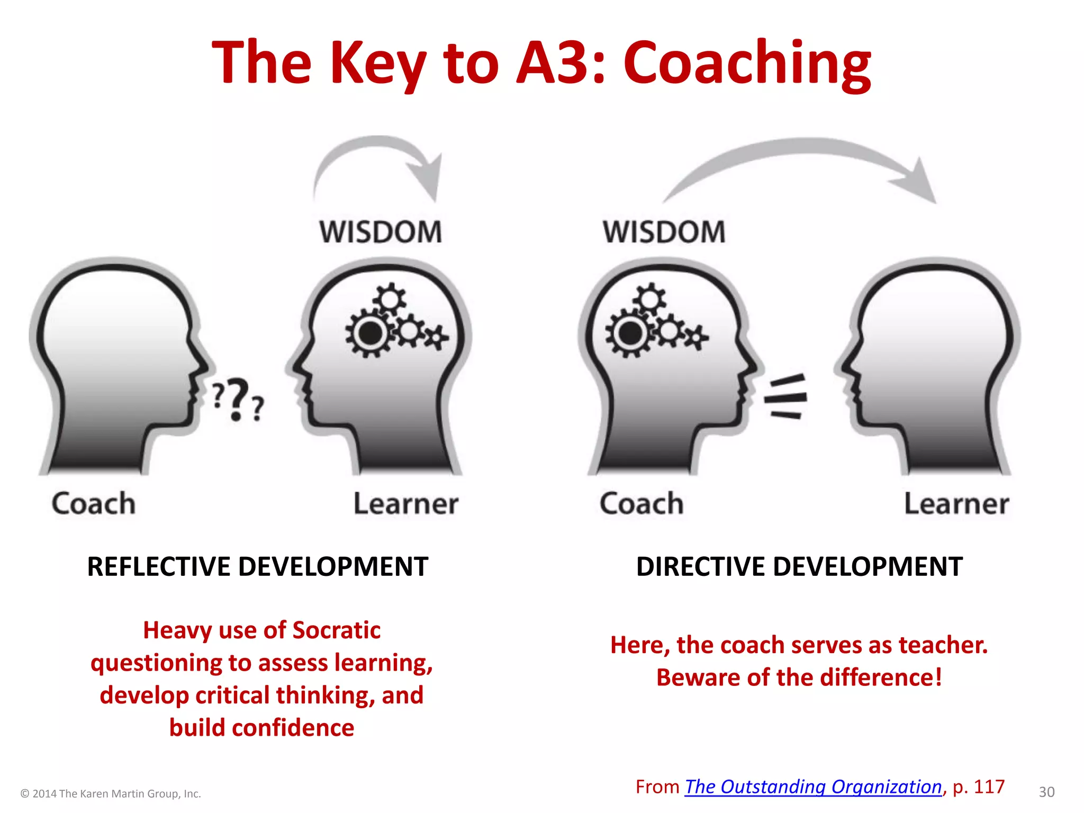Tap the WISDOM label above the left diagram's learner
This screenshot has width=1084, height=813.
pos(381,232)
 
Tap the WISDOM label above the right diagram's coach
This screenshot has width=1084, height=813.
pos(664,232)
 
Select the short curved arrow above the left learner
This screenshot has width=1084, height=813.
pos(378,159)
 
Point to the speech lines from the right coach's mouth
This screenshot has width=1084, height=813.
pos(786,397)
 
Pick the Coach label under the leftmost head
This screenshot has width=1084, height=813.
pos(94,503)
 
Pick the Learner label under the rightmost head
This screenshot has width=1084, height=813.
pos(956,503)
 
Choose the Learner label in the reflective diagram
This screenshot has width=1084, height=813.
pos(406,503)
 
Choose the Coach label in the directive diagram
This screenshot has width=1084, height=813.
pos(642,503)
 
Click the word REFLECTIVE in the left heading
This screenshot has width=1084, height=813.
pos(158,567)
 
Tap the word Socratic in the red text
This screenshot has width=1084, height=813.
pos(336,630)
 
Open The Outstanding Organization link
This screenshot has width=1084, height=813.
pos(814,787)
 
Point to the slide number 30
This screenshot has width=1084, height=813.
pos(1046,792)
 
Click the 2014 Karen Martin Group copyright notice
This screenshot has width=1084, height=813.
pos(111,793)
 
